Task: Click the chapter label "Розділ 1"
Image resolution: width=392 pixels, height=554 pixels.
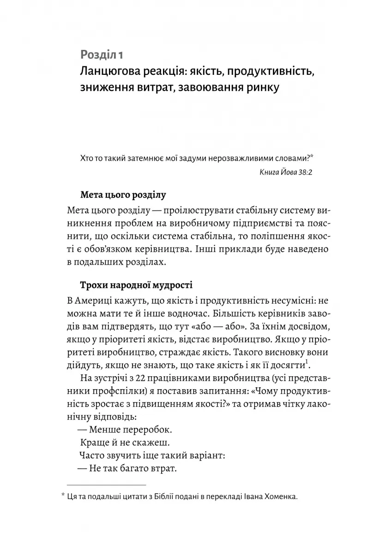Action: pos(101,55)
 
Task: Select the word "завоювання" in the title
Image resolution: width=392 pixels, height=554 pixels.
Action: pos(211,87)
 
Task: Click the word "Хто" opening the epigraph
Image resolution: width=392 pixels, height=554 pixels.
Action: pos(87,158)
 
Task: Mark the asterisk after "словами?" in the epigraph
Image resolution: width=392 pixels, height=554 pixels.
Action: pos(311,156)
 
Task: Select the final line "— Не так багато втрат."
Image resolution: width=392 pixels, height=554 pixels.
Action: pos(128,469)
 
